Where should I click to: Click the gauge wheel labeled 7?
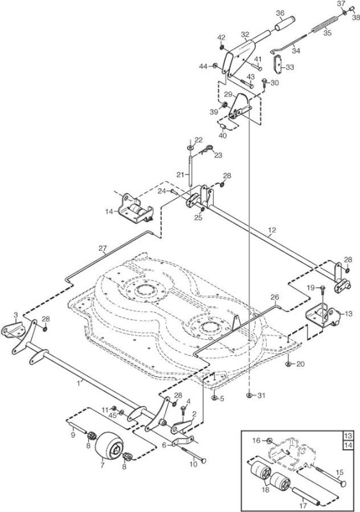[x=110, y=447]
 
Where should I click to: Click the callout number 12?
[x=272, y=230]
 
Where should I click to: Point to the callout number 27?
[x=102, y=249]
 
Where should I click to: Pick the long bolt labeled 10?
[x=193, y=454]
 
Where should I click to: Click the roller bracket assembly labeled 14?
[x=134, y=209]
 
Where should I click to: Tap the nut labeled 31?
[x=249, y=396]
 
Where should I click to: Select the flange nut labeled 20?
[x=289, y=364]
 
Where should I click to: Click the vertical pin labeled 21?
[x=191, y=170]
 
